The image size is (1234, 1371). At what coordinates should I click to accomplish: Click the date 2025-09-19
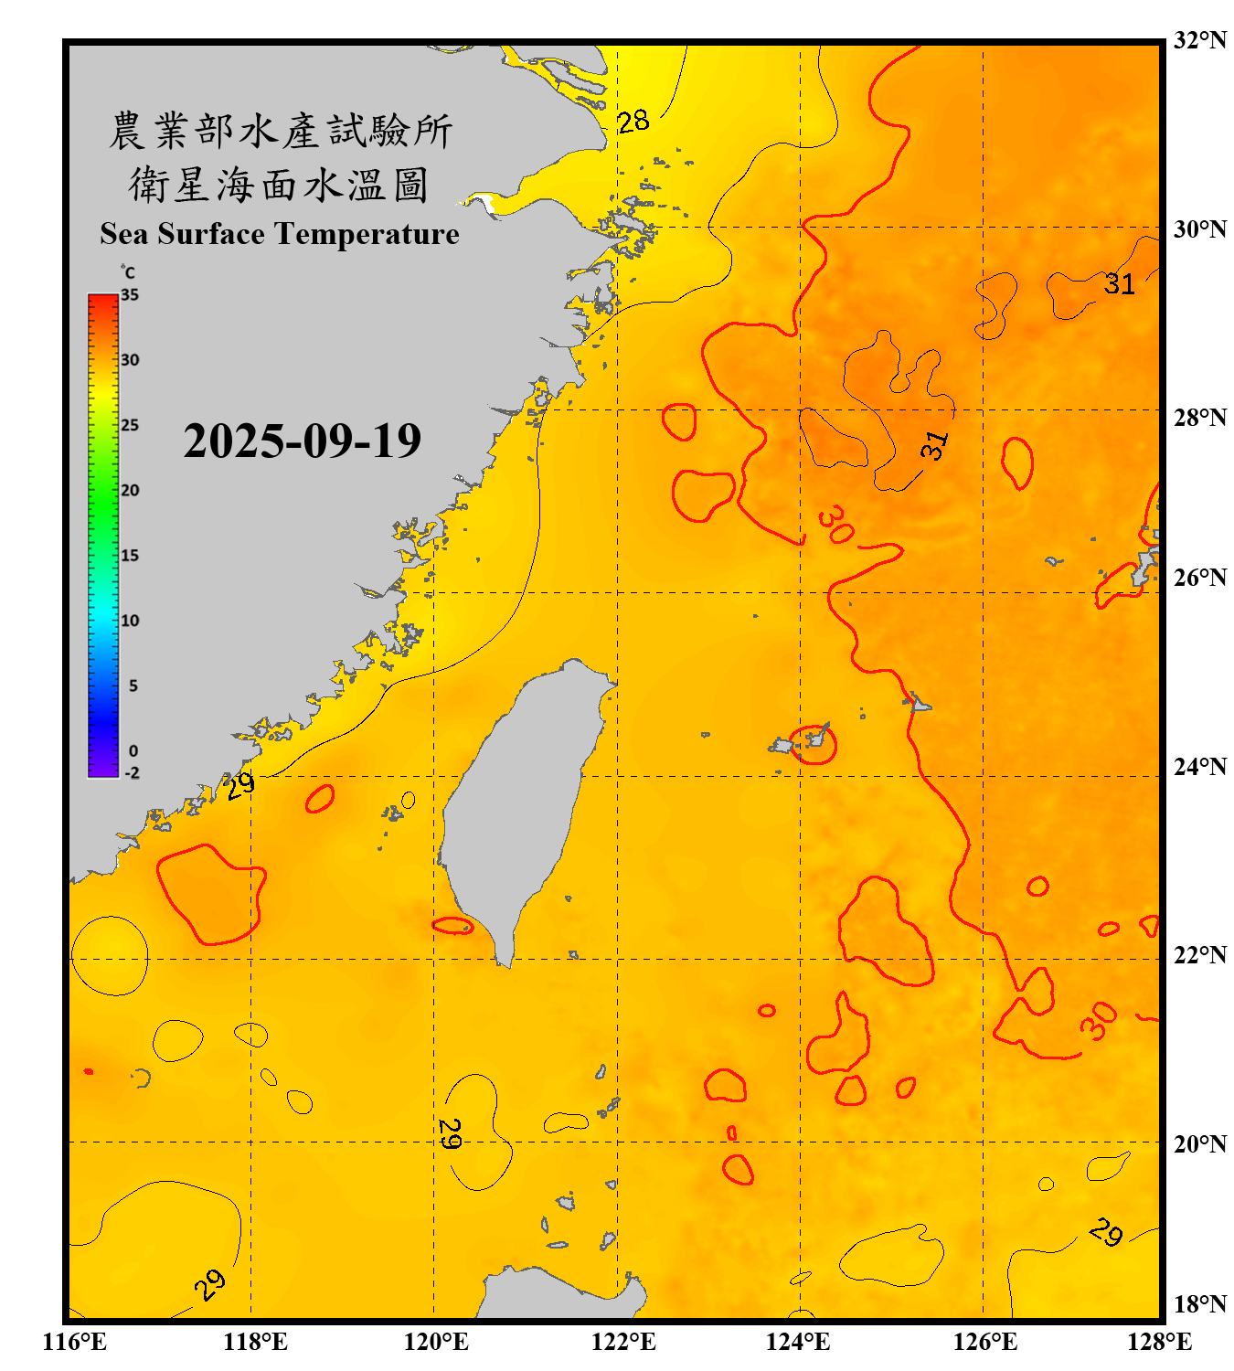coord(302,441)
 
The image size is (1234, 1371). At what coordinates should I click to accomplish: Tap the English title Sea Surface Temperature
coord(280,234)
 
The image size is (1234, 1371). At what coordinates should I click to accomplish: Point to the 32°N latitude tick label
coord(1199,40)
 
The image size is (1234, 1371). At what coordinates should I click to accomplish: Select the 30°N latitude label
coord(1199,229)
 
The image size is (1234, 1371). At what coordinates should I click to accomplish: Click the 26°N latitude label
coord(1199,578)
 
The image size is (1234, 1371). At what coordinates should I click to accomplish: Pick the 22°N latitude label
coord(1199,955)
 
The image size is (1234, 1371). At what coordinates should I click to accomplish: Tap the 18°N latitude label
coord(1199,1304)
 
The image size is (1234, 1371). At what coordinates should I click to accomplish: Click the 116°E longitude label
coord(75,1342)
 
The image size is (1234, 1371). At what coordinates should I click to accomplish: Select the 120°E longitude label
coord(436,1342)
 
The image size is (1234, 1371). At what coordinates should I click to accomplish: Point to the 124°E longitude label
coord(798,1342)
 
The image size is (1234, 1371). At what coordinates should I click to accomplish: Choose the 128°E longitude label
coord(1159,1342)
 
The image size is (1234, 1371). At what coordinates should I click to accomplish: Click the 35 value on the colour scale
coord(130,295)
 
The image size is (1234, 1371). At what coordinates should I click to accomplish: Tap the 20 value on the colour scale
coord(130,491)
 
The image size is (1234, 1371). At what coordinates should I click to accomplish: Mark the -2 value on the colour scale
coord(132,773)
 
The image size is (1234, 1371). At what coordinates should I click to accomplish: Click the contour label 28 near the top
coord(633,121)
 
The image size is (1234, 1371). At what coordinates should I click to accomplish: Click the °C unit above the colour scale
coord(128,272)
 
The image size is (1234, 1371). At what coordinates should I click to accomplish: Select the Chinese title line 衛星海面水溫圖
coord(279,185)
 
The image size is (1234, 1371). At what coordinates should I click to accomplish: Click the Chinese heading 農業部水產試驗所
coord(281,131)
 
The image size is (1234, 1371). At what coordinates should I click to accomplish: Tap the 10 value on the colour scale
coord(130,622)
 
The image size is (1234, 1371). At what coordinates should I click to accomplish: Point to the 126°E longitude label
coord(984,1342)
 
